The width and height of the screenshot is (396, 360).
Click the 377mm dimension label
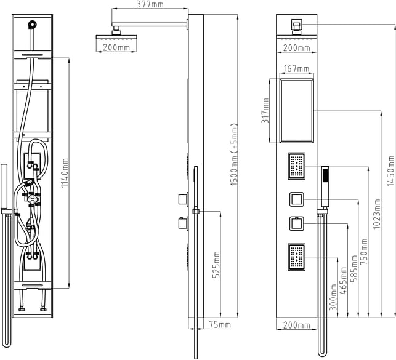[150, 4]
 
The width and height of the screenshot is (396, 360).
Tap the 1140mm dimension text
[65, 173]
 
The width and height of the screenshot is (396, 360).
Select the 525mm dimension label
[216, 265]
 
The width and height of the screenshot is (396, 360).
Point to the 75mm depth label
[220, 325]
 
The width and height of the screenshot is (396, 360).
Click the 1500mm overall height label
[234, 154]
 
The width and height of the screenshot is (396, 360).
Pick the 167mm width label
[296, 69]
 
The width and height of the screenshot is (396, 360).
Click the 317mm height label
[265, 111]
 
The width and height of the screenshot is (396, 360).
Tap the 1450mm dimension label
[390, 171]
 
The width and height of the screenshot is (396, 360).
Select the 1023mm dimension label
[376, 214]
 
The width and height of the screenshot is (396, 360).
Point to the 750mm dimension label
[364, 251]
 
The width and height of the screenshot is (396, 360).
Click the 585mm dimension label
[354, 268]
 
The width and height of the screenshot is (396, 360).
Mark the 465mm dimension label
[344, 281]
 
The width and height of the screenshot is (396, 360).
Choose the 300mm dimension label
[333, 297]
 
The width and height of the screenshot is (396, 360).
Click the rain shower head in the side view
[116, 36]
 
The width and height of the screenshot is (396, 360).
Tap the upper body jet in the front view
[297, 166]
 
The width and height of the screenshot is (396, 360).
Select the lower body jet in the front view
[297, 257]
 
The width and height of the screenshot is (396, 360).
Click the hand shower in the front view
[325, 186]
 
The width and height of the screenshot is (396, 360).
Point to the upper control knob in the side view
[183, 199]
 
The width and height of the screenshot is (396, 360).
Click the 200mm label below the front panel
[296, 325]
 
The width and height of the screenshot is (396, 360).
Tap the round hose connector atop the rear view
[33, 25]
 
